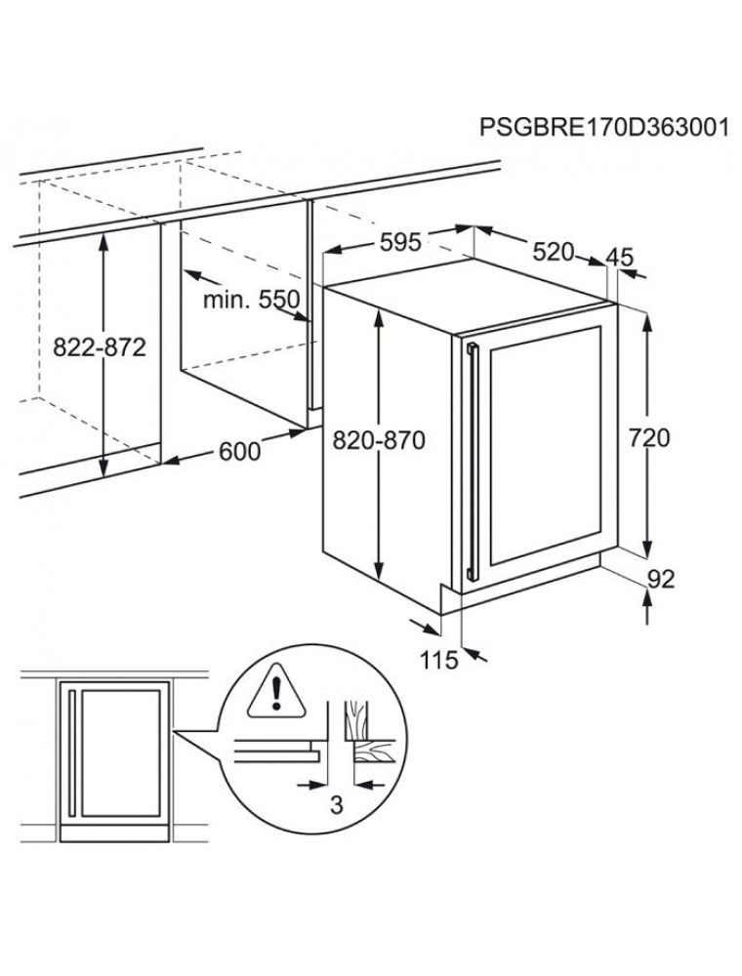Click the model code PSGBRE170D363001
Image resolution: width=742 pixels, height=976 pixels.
pyautogui.click(x=603, y=127)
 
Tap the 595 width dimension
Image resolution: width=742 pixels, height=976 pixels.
pyautogui.click(x=400, y=242)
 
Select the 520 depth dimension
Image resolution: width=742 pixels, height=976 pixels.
pyautogui.click(x=554, y=252)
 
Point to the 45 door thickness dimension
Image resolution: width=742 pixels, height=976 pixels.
pyautogui.click(x=619, y=257)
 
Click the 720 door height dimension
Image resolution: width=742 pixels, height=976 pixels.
pyautogui.click(x=649, y=438)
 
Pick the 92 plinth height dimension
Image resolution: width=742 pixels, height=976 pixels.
pyautogui.click(x=661, y=580)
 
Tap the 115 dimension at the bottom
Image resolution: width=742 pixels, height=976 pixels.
pyautogui.click(x=438, y=660)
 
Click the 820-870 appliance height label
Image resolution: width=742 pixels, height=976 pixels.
pyautogui.click(x=379, y=441)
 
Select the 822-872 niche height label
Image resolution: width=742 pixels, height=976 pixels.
pyautogui.click(x=100, y=346)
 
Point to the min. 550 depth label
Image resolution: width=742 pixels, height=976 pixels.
pyautogui.click(x=252, y=300)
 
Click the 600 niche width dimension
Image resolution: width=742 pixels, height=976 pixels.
pyautogui.click(x=240, y=451)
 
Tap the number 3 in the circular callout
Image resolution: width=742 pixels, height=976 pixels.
pyautogui.click(x=336, y=805)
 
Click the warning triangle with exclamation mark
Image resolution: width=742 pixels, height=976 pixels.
pyautogui.click(x=276, y=693)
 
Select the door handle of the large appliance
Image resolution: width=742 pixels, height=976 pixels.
pyautogui.click(x=472, y=461)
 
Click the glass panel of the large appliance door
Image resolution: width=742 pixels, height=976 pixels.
pyautogui.click(x=546, y=446)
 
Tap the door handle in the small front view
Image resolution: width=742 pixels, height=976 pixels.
pyautogui.click(x=72, y=752)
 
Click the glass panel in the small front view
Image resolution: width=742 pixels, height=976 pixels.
pyautogui.click(x=121, y=752)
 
